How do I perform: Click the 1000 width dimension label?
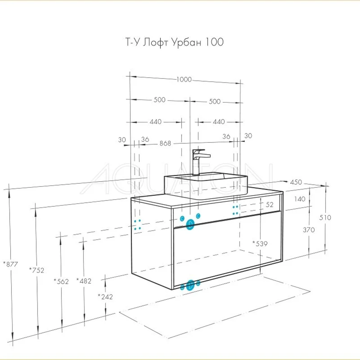click(x=184, y=80)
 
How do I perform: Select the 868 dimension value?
click(x=165, y=143)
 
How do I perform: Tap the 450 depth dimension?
click(x=296, y=182)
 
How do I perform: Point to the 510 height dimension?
click(x=325, y=218)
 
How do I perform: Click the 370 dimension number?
click(x=309, y=230)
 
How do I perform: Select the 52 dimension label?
click(x=269, y=205)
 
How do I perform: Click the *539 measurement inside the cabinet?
click(x=260, y=244)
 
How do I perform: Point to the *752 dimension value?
click(x=37, y=270)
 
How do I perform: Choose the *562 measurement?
click(x=61, y=281)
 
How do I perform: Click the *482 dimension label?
click(x=84, y=281)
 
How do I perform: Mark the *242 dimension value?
click(x=105, y=297)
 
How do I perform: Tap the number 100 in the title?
click(x=214, y=42)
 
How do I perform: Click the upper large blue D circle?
click(x=190, y=225)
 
